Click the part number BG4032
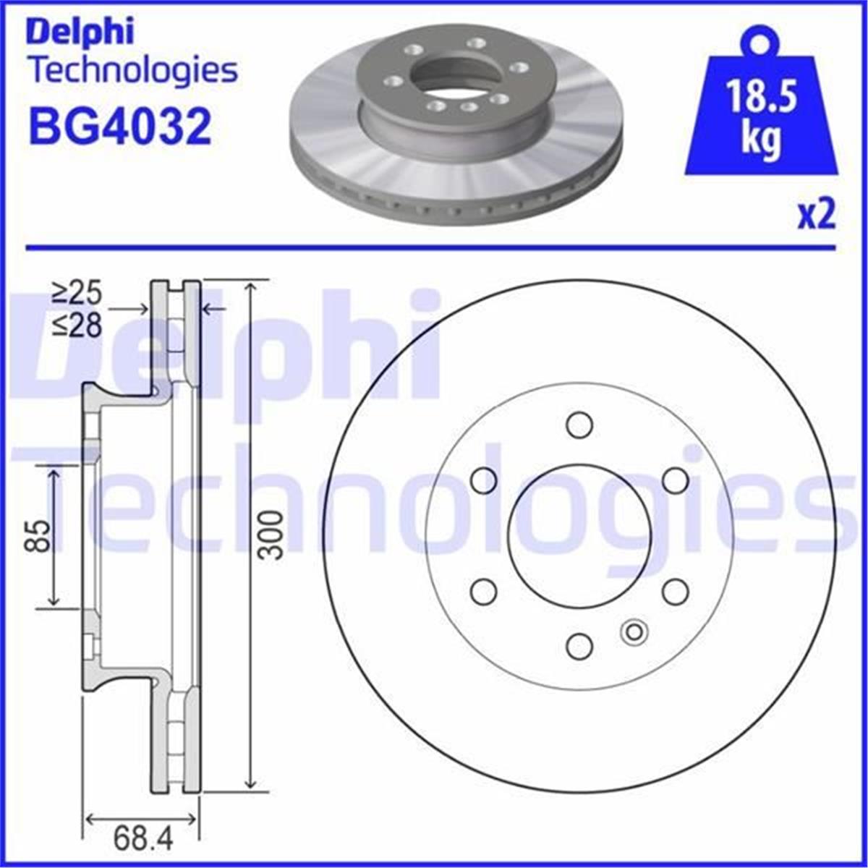119,126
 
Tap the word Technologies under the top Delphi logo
132,71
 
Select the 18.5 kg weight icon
762,109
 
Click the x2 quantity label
817,216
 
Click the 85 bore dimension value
41,535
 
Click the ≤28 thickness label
77,326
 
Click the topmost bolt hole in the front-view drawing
579,425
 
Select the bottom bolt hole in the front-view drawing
579,646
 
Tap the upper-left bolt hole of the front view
483,480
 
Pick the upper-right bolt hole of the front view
676,480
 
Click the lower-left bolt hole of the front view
483,591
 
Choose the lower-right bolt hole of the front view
676,591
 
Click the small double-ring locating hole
634,632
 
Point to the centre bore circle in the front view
579,535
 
